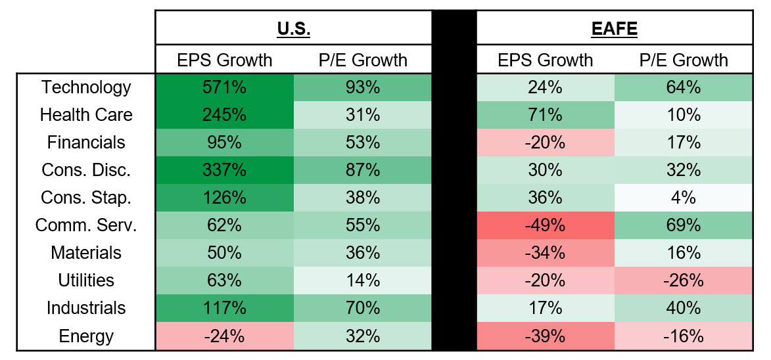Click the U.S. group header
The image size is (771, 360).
pyautogui.click(x=293, y=29)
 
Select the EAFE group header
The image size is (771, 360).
pyautogui.click(x=614, y=29)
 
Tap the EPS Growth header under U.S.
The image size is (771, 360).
pyautogui.click(x=224, y=60)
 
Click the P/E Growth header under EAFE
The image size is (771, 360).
pyautogui.click(x=684, y=60)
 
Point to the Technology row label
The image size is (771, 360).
pyautogui.click(x=86, y=87)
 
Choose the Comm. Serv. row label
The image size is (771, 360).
pyautogui.click(x=86, y=225)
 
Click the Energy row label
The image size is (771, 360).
pyautogui.click(x=86, y=336)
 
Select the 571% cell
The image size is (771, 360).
pyautogui.click(x=224, y=87)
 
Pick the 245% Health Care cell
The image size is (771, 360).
pyautogui.click(x=224, y=115)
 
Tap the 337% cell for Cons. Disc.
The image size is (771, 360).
pyautogui.click(x=224, y=170)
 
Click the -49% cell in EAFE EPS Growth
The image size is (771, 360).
pyautogui.click(x=546, y=225)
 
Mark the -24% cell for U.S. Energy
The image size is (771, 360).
pyautogui.click(x=224, y=336)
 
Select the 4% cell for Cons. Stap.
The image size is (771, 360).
pyautogui.click(x=684, y=198)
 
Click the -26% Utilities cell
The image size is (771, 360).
pyautogui.click(x=684, y=281)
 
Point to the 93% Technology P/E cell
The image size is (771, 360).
pyautogui.click(x=362, y=87)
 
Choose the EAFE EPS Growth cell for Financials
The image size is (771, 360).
pyautogui.click(x=546, y=143)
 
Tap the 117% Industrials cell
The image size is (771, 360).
pyautogui.click(x=224, y=309)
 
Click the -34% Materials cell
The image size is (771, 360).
pyautogui.click(x=546, y=253)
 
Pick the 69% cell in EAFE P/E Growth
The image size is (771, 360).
pyautogui.click(x=684, y=225)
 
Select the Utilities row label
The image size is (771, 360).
pyautogui.click(x=86, y=281)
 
